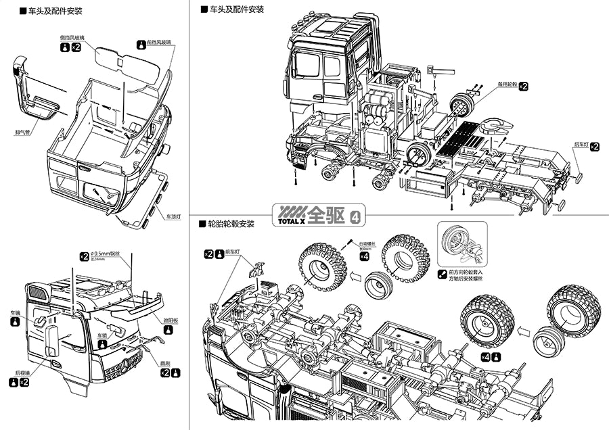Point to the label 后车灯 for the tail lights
[581, 145]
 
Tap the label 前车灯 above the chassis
[235, 254]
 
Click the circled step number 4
[357, 215]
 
